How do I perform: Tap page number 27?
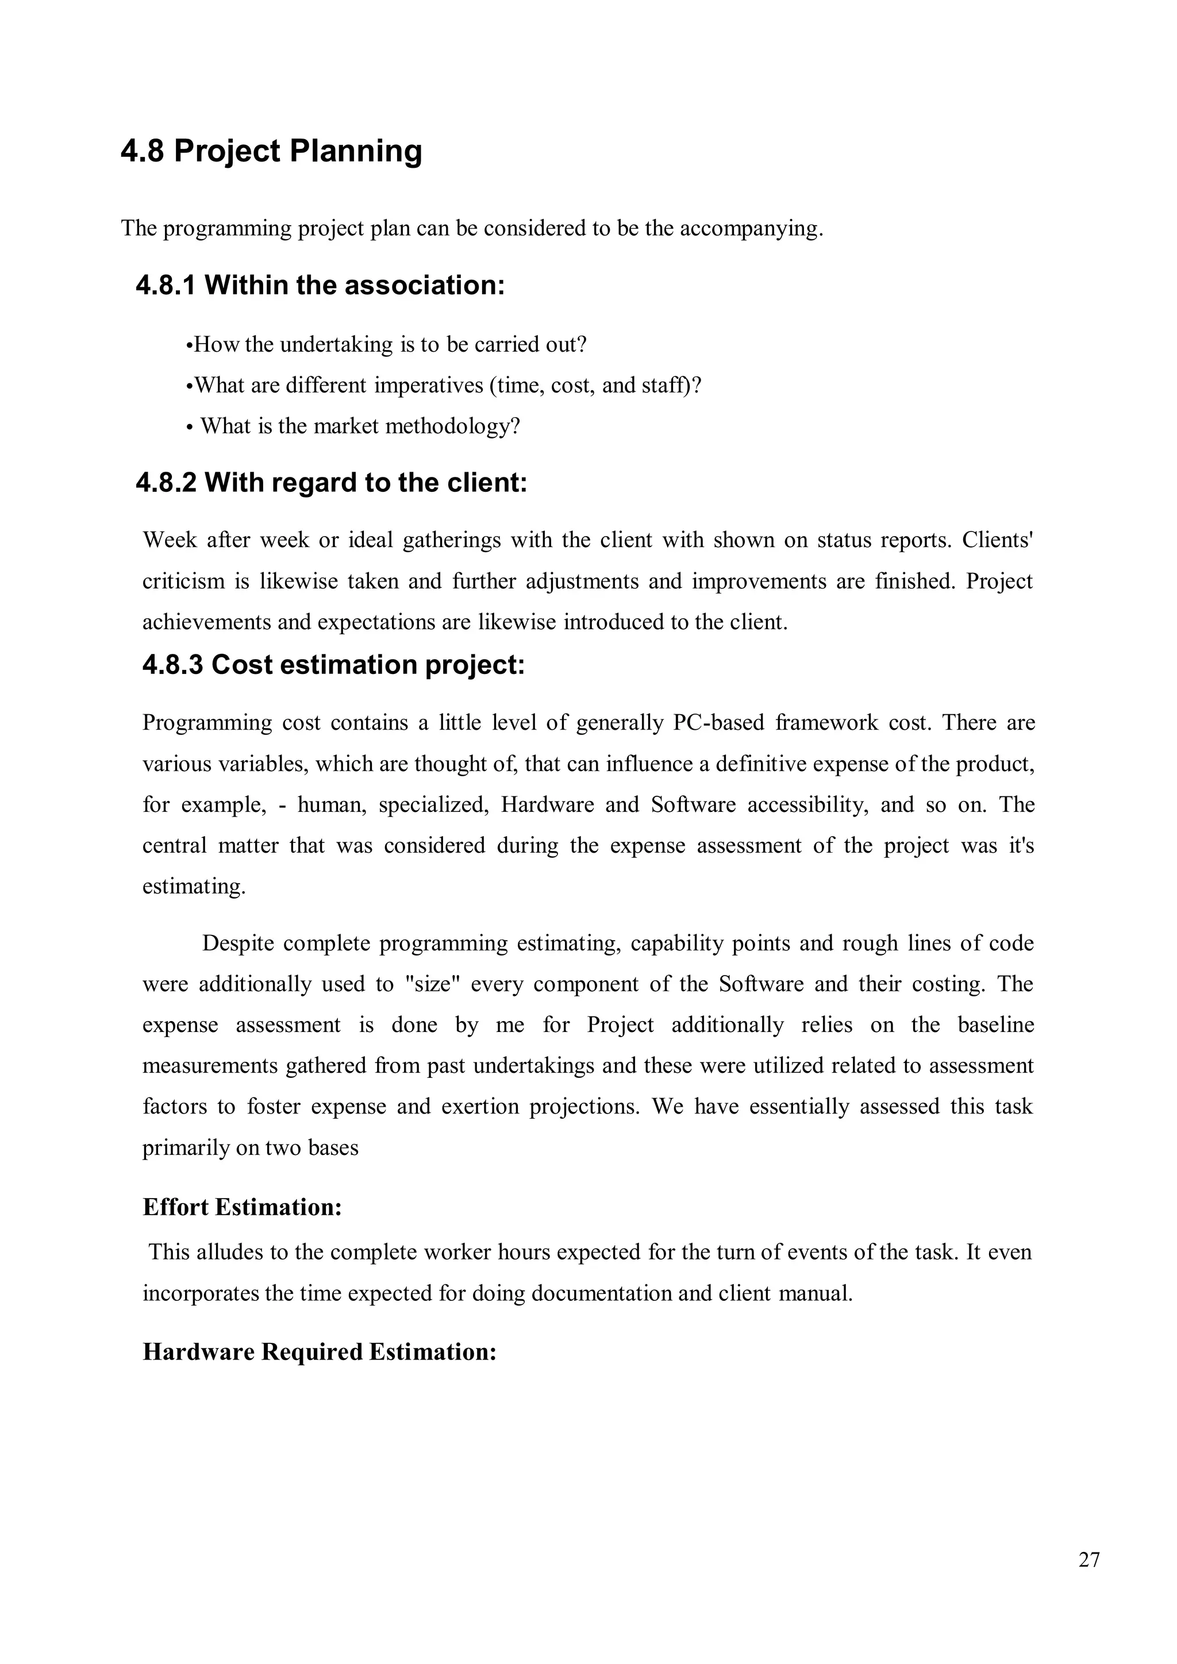(1088, 1559)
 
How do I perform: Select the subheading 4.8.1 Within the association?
(320, 286)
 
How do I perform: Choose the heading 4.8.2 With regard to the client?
(331, 483)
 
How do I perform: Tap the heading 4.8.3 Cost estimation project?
(333, 665)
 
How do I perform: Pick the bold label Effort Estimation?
(242, 1207)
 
